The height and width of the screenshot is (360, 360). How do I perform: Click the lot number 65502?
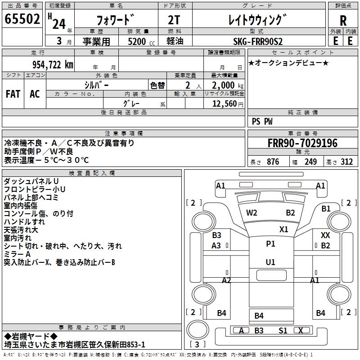pyautogui.click(x=22, y=19)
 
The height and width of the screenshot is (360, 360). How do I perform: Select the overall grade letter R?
pyautogui.click(x=343, y=20)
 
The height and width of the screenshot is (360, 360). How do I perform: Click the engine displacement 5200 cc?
pyautogui.click(x=138, y=41)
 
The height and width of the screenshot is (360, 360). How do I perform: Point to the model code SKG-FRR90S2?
pyautogui.click(x=258, y=41)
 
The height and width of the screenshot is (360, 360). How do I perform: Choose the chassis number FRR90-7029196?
pyautogui.click(x=302, y=143)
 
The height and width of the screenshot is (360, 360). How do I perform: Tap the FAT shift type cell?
pyautogui.click(x=13, y=94)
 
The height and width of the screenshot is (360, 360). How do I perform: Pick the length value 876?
pyautogui.click(x=273, y=162)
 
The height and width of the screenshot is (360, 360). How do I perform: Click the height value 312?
pyautogui.click(x=346, y=162)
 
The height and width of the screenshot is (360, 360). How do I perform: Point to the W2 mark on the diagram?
pyautogui.click(x=252, y=213)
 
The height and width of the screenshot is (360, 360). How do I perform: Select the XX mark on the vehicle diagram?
pyautogui.click(x=325, y=235)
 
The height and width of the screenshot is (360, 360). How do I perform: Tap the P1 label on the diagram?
pyautogui.click(x=270, y=244)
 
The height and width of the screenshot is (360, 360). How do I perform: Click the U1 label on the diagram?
pyautogui.click(x=270, y=262)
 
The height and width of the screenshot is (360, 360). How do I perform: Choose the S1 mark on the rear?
pyautogui.click(x=283, y=331)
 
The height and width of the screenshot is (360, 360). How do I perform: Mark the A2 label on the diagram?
pyautogui.click(x=226, y=280)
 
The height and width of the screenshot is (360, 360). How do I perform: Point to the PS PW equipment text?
pyautogui.click(x=262, y=121)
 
